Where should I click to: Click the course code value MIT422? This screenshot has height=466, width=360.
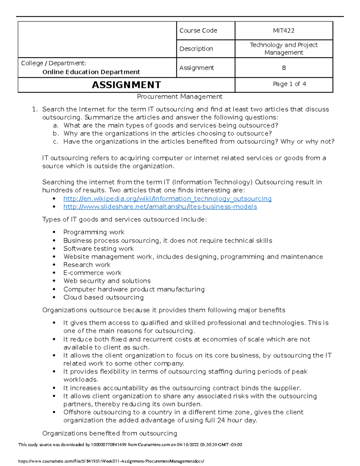coord(283,31)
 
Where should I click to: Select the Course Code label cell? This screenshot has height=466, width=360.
coord(198,31)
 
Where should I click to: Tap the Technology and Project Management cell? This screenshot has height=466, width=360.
coord(283,49)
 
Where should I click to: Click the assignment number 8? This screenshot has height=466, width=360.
coord(283,68)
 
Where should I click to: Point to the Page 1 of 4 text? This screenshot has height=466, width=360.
coord(289,84)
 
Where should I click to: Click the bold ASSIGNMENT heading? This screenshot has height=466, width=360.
coord(126,85)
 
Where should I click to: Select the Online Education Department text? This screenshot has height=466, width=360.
coord(91,72)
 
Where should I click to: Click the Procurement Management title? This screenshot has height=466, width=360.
coord(179,97)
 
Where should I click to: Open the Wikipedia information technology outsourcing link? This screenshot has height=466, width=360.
coord(167,199)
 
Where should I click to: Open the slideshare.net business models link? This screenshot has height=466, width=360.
coord(160,207)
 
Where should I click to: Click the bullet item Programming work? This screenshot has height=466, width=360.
coord(94,232)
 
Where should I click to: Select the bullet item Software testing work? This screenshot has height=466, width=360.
coord(98,249)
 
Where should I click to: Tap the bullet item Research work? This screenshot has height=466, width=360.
coord(87,265)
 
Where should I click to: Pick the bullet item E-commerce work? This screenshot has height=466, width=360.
coord(92,273)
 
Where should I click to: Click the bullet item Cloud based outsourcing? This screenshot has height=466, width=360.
coord(103,297)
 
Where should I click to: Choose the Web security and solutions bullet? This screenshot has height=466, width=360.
coord(107,281)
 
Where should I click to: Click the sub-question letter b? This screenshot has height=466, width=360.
coord(55,134)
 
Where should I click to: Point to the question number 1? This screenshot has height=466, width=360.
coord(35,110)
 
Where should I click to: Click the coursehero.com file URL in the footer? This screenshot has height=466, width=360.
coord(111,461)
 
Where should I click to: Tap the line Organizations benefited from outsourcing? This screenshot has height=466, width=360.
coord(109,433)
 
